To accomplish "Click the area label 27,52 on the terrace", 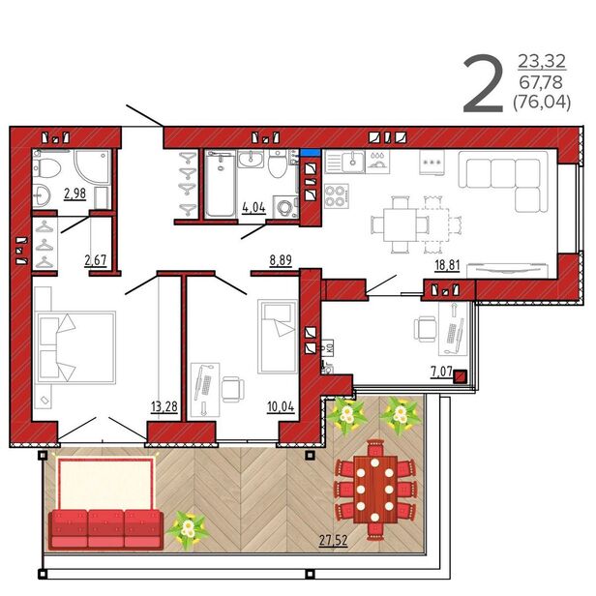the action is click(333, 540).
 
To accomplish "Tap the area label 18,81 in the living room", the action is click(447, 265).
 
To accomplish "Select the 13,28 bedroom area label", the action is click(164, 406).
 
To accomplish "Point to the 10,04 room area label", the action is click(281, 406).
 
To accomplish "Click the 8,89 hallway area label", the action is click(281, 260).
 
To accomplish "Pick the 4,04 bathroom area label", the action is click(253, 207).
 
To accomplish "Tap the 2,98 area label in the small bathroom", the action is click(74, 194).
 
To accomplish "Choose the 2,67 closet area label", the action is click(96, 260).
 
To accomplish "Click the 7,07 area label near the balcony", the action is click(441, 372).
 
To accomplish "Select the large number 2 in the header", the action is click(483, 84).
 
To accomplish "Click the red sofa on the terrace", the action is click(106, 529).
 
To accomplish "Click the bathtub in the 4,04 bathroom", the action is click(220, 184).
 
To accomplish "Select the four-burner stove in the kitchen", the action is click(337, 196).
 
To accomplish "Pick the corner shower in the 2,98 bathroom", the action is click(92, 166).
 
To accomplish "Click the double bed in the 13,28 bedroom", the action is click(74, 347).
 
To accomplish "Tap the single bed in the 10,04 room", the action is click(278, 337).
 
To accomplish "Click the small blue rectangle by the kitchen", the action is click(311, 153).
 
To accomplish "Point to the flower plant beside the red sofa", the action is click(188, 529).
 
